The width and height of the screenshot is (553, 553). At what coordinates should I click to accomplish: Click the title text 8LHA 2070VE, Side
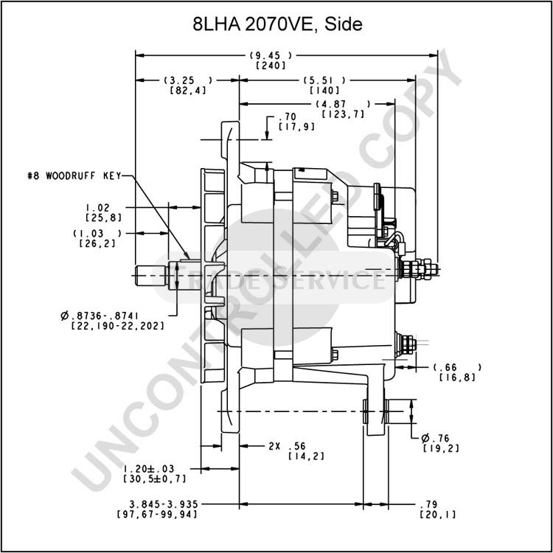click(x=277, y=24)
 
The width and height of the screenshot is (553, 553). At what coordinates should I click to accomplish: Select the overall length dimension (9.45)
click(x=271, y=55)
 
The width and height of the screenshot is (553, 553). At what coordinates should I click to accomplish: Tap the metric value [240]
click(x=271, y=66)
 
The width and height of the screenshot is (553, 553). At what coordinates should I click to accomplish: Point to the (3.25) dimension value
click(x=188, y=80)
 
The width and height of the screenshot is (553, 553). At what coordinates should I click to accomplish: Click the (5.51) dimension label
click(x=324, y=80)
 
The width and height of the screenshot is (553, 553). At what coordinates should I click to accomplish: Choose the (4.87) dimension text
click(x=343, y=104)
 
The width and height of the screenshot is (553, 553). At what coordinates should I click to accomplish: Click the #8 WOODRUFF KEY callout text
click(x=74, y=175)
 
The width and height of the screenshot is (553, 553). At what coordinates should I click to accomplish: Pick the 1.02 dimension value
click(x=97, y=207)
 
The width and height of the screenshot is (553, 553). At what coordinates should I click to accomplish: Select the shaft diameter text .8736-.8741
click(x=100, y=316)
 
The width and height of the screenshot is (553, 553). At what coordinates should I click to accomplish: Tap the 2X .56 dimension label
click(x=287, y=446)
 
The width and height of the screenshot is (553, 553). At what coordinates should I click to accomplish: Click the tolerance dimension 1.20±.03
click(x=149, y=469)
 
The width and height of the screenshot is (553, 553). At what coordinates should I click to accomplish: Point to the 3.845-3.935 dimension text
click(x=164, y=504)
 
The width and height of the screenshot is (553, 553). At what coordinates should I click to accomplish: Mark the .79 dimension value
click(x=428, y=504)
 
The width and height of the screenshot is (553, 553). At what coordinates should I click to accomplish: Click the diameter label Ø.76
click(x=436, y=439)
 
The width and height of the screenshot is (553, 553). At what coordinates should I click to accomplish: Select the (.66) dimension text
click(x=457, y=367)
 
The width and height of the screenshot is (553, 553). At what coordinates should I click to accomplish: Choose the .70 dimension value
click(x=288, y=116)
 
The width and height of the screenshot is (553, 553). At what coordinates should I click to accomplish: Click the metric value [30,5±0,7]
click(x=155, y=479)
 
